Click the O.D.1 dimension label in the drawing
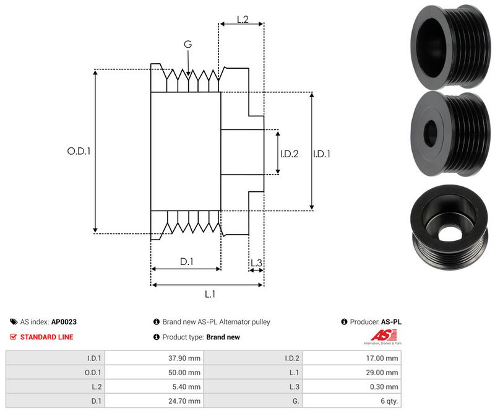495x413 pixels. (x=79, y=150)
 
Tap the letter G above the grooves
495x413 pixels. (x=187, y=44)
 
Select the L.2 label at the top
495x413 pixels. (x=242, y=20)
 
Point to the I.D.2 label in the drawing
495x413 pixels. (x=289, y=154)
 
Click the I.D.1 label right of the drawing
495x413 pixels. (x=321, y=154)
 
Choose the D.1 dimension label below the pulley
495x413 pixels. (x=187, y=262)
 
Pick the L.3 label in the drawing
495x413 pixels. (x=256, y=263)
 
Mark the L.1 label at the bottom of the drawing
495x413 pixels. (x=209, y=294)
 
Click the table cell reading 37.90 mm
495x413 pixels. (x=186, y=358)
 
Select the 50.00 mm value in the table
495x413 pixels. (x=186, y=372)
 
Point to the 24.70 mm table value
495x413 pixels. (x=186, y=401)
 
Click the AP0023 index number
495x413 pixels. (x=64, y=322)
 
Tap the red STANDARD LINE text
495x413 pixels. (x=46, y=337)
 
